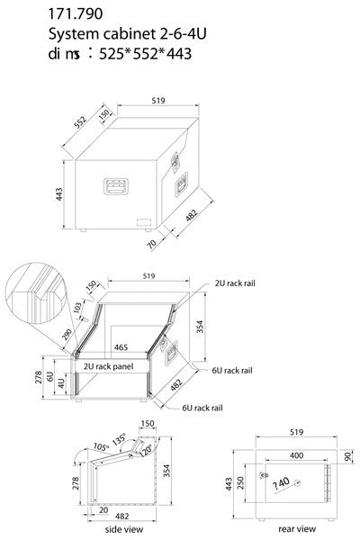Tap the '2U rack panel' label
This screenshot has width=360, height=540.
(x=109, y=367)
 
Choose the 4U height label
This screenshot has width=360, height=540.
(x=60, y=382)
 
